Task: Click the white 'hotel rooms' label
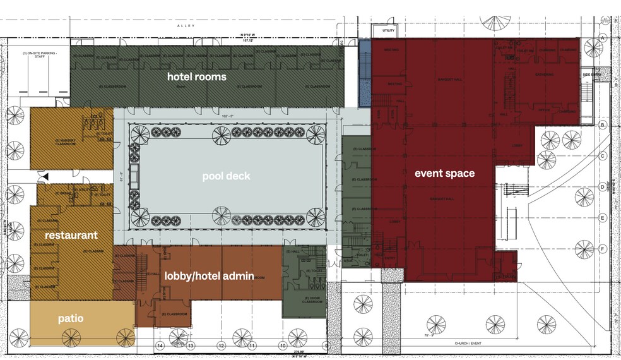click(196, 76)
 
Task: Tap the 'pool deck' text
click(226, 176)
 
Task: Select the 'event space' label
click(444, 172)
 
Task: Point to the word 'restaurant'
click(71, 235)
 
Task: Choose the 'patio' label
click(70, 319)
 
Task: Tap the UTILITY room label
click(382, 30)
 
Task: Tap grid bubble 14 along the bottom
click(160, 346)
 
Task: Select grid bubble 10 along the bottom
click(281, 346)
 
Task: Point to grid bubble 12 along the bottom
click(221, 346)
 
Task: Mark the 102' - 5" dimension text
click(227, 116)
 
